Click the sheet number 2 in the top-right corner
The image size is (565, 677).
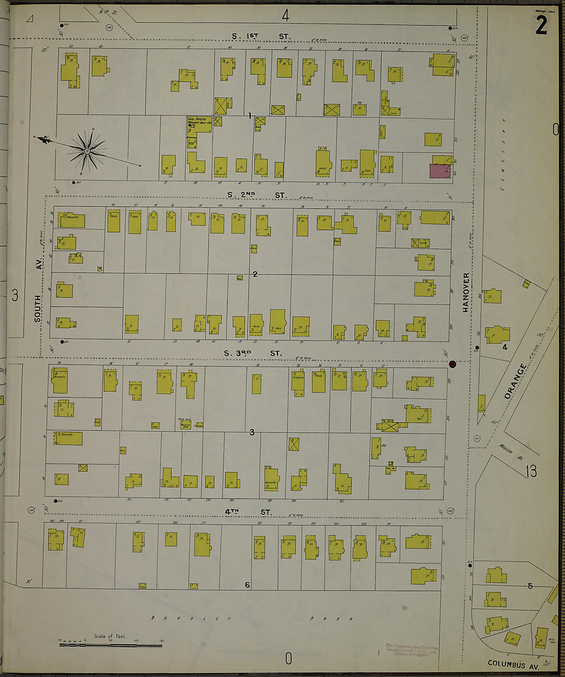pyautogui.click(x=541, y=25)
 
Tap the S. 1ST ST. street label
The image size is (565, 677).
pyautogui.click(x=260, y=36)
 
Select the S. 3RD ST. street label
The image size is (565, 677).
pyautogui.click(x=253, y=353)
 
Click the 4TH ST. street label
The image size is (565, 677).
pyautogui.click(x=248, y=512)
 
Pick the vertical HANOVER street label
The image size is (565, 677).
pyautogui.click(x=466, y=292)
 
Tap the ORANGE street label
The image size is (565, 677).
pyautogui.click(x=515, y=382)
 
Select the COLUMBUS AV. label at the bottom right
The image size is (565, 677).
pyautogui.click(x=513, y=664)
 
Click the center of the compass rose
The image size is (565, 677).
pyautogui.click(x=87, y=151)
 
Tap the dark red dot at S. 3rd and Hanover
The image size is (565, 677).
pyautogui.click(x=453, y=364)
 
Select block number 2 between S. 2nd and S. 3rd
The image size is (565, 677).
pyautogui.click(x=255, y=274)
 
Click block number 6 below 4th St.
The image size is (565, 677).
pyautogui.click(x=247, y=585)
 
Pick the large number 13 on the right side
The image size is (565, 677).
pyautogui.click(x=531, y=471)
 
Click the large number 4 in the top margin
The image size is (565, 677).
pyautogui.click(x=285, y=15)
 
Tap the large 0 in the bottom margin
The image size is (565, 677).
pyautogui.click(x=288, y=658)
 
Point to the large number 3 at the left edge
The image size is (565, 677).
pyautogui.click(x=15, y=295)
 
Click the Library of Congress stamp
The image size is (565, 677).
pyautogui.click(x=411, y=650)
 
